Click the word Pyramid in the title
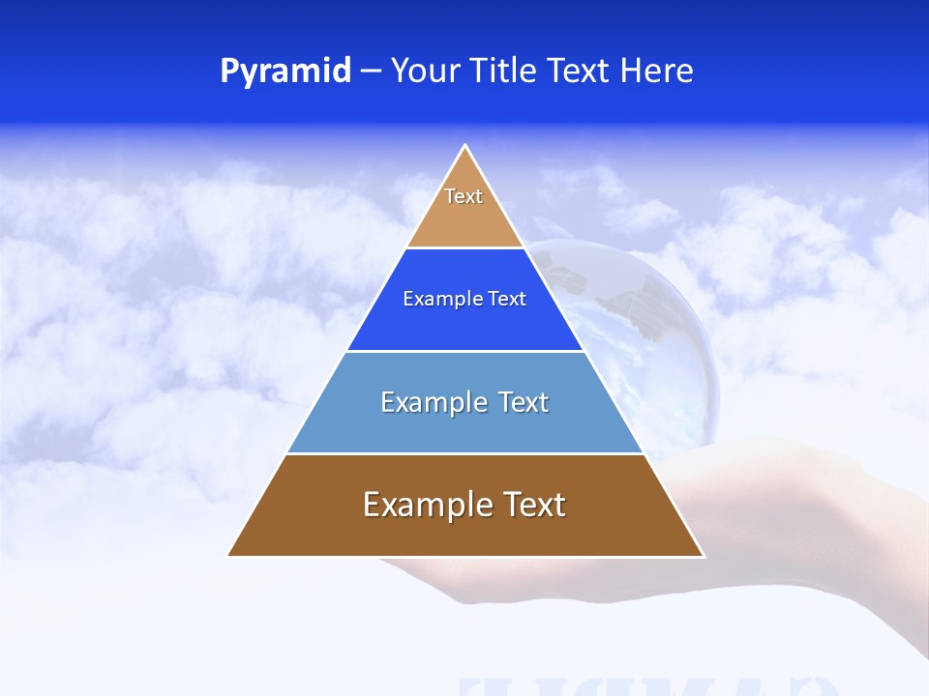(x=285, y=72)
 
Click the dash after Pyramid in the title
(x=371, y=72)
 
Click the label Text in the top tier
(x=464, y=196)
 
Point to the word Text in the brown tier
(x=530, y=505)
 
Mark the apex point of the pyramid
(x=465, y=146)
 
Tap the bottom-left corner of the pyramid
(x=228, y=556)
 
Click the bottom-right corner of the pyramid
(x=703, y=556)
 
